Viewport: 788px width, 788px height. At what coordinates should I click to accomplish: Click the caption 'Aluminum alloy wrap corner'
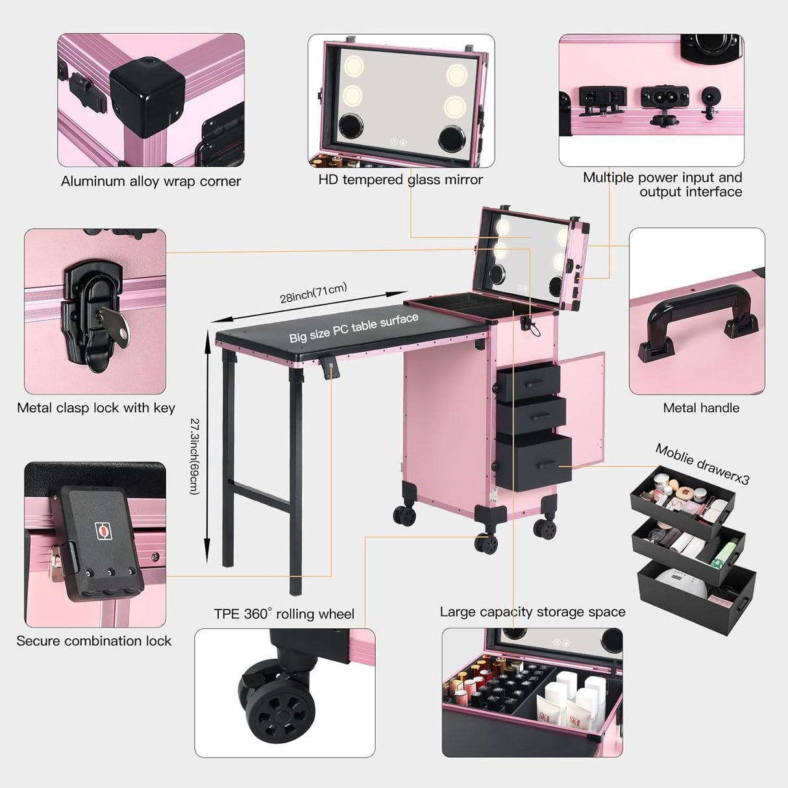(x=151, y=182)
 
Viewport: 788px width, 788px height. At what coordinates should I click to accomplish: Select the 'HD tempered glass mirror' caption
(x=400, y=180)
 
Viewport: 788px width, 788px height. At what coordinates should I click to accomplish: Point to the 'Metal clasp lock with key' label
(x=96, y=408)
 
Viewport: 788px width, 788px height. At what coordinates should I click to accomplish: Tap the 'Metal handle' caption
(x=701, y=408)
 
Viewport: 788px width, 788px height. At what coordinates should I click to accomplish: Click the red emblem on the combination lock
(x=103, y=530)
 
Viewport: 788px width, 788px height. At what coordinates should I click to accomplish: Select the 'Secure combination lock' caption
(x=94, y=641)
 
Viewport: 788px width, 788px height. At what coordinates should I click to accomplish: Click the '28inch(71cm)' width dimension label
(x=314, y=293)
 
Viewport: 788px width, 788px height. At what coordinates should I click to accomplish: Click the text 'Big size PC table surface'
(x=354, y=327)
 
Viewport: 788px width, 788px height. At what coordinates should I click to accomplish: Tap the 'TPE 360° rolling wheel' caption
(x=284, y=614)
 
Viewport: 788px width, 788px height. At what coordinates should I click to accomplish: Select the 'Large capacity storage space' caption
(x=532, y=612)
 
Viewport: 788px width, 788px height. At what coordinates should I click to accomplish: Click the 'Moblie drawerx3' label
(x=702, y=464)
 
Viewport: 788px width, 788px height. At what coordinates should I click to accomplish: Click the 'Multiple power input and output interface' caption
(x=662, y=184)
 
